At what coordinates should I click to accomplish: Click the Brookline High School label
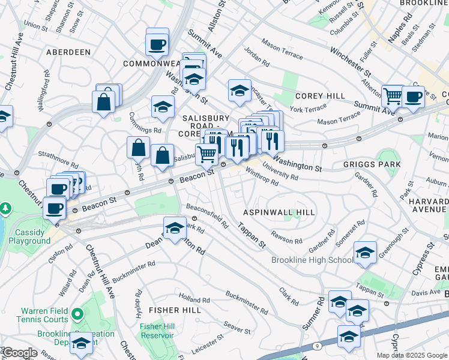click(x=312, y=260)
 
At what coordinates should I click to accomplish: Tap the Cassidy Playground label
click(x=29, y=236)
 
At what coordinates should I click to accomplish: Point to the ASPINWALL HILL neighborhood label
click(x=278, y=212)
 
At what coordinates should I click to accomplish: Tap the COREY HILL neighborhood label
click(x=320, y=96)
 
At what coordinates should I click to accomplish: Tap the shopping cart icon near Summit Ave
click(x=393, y=96)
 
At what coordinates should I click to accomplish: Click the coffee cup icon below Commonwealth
click(x=157, y=44)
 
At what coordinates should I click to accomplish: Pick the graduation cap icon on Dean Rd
click(x=175, y=229)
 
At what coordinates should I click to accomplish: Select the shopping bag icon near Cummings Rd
click(x=138, y=148)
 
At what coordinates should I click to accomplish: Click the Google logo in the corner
click(x=19, y=353)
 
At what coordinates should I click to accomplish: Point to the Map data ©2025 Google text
click(x=412, y=355)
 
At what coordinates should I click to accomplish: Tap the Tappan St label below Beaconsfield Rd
click(x=251, y=236)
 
